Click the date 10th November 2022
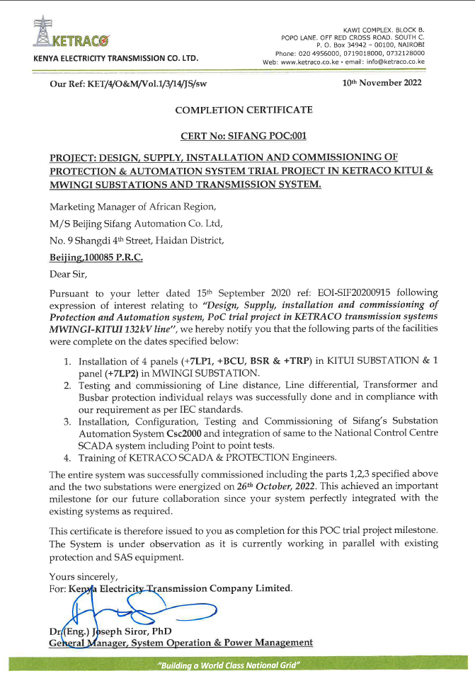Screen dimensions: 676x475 [382, 84]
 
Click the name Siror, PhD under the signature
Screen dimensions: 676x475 [145, 631]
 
